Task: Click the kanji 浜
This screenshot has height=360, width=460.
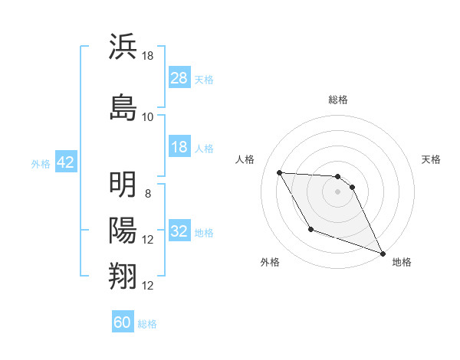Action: click(123, 47)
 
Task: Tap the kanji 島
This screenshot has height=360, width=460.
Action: click(123, 107)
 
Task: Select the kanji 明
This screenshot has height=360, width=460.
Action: click(123, 185)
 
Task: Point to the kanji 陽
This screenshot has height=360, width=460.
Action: click(123, 231)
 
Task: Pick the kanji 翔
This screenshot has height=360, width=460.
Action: click(123, 277)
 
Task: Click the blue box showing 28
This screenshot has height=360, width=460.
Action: click(179, 78)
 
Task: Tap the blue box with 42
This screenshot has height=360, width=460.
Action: click(65, 162)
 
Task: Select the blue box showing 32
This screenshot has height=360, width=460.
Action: click(179, 231)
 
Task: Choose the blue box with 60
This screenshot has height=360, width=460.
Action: click(123, 322)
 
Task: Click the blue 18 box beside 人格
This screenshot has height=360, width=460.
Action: click(179, 147)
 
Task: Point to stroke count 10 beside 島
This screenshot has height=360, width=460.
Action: click(148, 117)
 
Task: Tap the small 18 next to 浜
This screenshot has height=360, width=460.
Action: click(148, 56)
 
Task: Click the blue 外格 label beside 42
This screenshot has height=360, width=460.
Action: click(41, 163)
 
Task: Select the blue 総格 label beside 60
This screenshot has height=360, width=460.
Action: click(147, 323)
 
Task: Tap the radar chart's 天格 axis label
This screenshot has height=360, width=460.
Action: click(432, 159)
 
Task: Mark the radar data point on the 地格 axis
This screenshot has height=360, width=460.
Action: click(383, 254)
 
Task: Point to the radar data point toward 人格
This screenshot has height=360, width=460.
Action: click(280, 172)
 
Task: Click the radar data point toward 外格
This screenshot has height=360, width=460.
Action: click(310, 229)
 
